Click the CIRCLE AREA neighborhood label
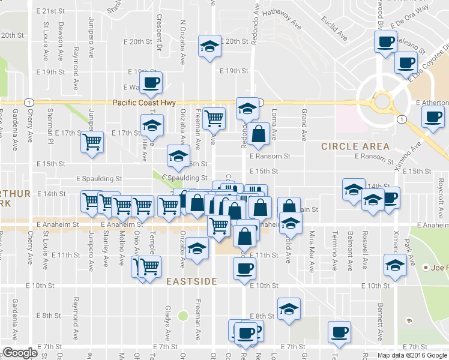(355, 146)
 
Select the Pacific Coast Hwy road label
(144, 103)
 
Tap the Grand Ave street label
(304, 123)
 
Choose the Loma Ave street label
(274, 123)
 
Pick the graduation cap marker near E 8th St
(289, 308)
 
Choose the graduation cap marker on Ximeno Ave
(394, 265)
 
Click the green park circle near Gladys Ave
(183, 316)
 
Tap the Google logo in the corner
(20, 353)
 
